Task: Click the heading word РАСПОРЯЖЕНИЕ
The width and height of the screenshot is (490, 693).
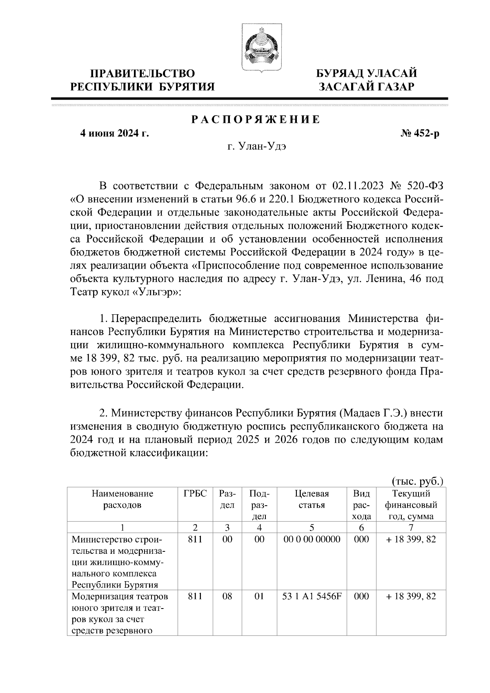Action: pyautogui.click(x=256, y=120)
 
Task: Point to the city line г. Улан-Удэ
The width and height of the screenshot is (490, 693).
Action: pyautogui.click(x=256, y=147)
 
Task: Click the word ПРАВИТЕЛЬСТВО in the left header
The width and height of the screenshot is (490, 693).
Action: pyautogui.click(x=143, y=73)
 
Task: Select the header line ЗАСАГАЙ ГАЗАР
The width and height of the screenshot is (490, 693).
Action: pyautogui.click(x=367, y=87)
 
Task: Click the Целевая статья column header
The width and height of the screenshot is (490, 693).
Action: pyautogui.click(x=311, y=499)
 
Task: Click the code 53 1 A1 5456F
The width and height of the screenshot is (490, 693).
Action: pyautogui.click(x=311, y=596)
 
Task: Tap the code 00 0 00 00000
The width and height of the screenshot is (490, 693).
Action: pyautogui.click(x=311, y=539)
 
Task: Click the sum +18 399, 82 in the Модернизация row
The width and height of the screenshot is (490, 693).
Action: pyautogui.click(x=411, y=596)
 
